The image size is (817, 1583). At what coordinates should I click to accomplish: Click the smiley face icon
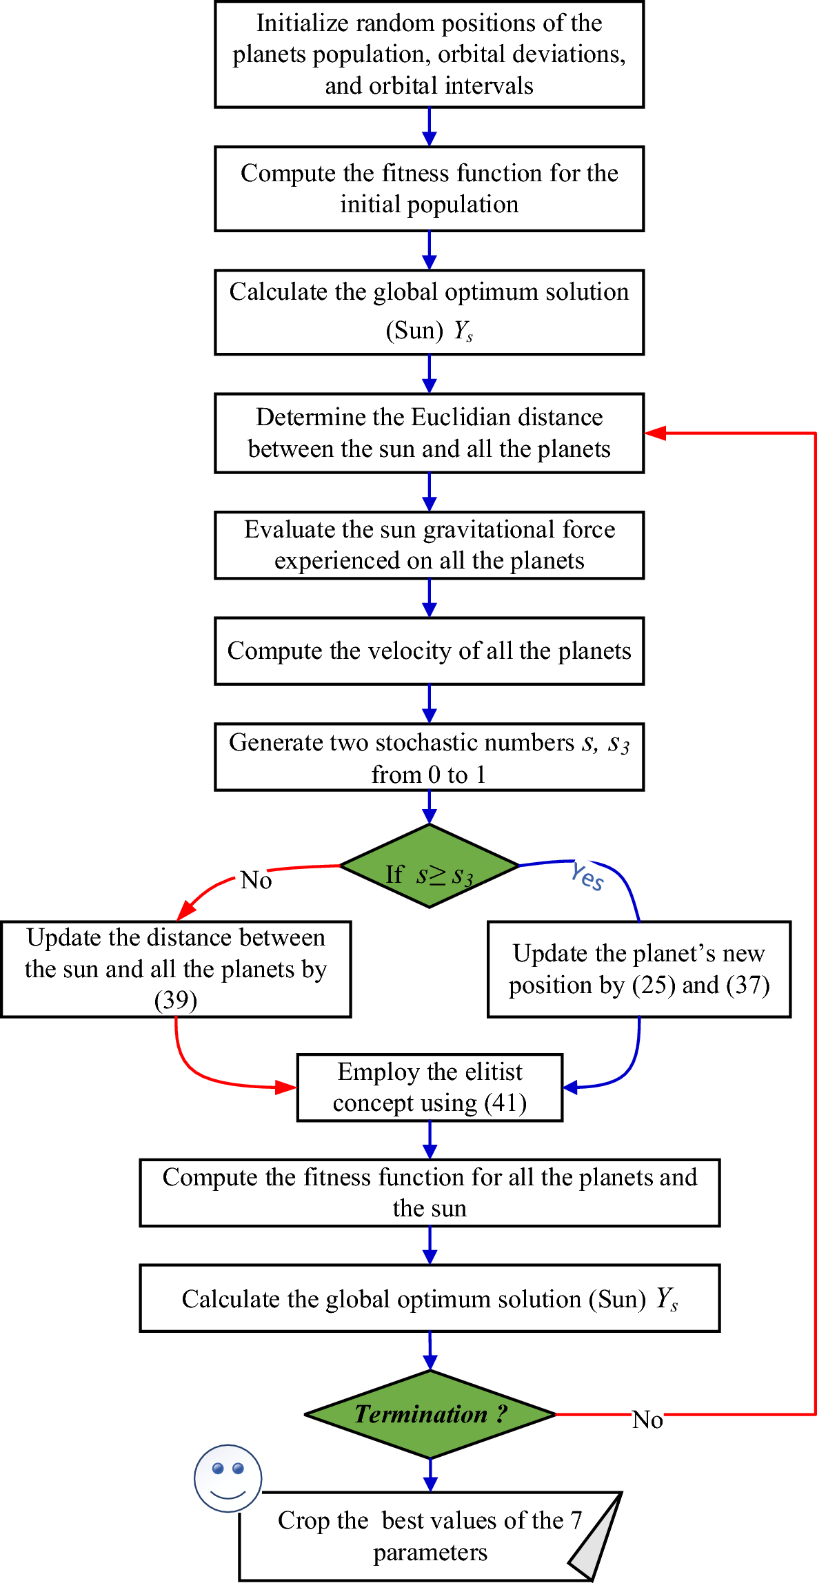point(228,1478)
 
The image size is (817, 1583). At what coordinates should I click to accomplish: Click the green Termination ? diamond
point(430,1414)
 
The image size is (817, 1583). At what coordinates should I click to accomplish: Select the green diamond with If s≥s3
point(430,866)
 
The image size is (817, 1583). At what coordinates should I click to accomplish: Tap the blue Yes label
point(587,877)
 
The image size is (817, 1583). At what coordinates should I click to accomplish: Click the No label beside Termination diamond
point(647,1420)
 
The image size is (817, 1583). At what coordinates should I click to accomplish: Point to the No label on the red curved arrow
point(256,880)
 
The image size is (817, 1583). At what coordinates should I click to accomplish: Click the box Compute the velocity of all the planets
point(429,651)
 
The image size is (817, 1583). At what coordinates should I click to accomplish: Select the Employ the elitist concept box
point(430,1087)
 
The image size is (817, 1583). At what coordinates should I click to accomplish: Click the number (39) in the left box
point(176,1000)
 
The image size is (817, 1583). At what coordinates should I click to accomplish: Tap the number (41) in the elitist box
point(505,1103)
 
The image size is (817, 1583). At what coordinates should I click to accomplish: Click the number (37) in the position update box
point(747,985)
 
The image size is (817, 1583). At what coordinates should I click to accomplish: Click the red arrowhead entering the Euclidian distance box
point(654,433)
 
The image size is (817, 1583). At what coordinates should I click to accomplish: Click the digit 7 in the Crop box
point(576,1520)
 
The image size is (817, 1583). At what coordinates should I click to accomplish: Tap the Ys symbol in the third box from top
point(463,331)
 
